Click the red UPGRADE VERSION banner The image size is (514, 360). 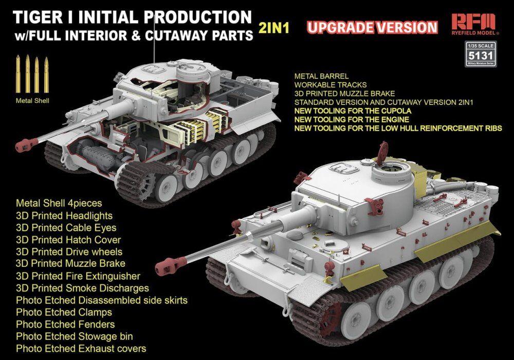(x=372, y=27)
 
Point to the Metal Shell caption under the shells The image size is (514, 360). (x=32, y=101)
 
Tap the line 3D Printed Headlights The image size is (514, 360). (x=64, y=215)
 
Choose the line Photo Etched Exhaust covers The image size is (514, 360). (x=81, y=349)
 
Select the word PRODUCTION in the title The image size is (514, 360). (x=197, y=17)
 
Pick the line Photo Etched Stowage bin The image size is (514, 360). (x=75, y=336)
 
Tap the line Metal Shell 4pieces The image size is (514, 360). (x=59, y=203)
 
